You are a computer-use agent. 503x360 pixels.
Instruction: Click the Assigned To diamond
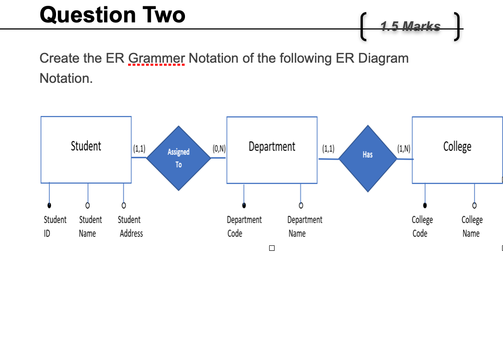tap(179, 158)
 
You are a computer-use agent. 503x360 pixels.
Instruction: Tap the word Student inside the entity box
tap(86, 146)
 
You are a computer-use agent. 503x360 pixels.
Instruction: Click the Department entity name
tap(271, 146)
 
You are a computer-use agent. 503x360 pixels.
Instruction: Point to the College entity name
tap(457, 146)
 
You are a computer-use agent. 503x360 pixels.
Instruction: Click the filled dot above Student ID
tap(49, 206)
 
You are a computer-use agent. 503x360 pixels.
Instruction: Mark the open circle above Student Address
tap(124, 206)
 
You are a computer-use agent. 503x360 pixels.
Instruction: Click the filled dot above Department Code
tap(244, 206)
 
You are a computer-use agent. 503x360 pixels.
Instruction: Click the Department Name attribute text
tap(304, 226)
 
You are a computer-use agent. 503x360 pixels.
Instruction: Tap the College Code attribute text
tap(421, 226)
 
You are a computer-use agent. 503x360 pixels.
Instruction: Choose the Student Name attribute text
tap(90, 226)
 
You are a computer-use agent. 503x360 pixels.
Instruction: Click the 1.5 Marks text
tap(410, 27)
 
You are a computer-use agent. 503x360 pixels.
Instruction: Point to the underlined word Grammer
tap(156, 58)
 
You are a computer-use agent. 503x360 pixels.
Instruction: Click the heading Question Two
tap(112, 15)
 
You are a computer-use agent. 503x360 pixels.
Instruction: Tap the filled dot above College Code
tap(425, 206)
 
